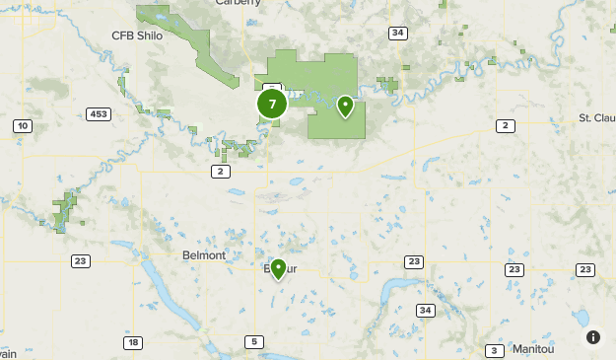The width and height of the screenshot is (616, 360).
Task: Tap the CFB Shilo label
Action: pos(137,36)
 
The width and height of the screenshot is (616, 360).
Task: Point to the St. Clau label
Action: pos(597,118)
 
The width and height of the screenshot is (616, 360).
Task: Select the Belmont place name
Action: pos(204,254)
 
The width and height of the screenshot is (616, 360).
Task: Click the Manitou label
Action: pos(534,350)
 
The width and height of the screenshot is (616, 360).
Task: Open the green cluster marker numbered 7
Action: pos(272,104)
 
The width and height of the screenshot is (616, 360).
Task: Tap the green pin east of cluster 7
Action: pos(346,106)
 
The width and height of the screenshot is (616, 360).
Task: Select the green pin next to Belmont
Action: pos(278,268)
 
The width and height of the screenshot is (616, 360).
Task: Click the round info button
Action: pos(593,336)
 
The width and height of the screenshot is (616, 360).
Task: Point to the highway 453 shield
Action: pos(97,113)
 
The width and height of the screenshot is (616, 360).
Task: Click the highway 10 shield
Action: pos(23,125)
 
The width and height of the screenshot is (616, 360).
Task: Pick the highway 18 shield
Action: pos(132,342)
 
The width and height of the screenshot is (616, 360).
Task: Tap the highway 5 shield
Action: pos(254,342)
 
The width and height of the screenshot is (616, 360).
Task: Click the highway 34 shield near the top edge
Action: pos(397,33)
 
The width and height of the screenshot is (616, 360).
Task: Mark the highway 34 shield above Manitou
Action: pos(425,311)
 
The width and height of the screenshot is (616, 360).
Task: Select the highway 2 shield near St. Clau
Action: pos(506,125)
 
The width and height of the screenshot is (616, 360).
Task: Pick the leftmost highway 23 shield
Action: pos(80,261)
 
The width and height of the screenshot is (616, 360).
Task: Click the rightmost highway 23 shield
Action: pos(585,269)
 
